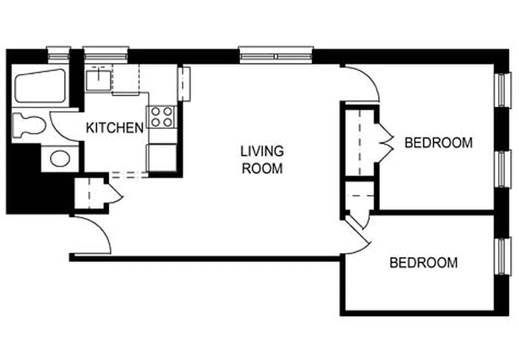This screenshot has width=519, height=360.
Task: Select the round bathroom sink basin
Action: [x=59, y=158]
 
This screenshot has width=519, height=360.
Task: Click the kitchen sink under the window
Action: [x=98, y=78]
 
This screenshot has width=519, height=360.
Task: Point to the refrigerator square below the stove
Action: [x=161, y=157]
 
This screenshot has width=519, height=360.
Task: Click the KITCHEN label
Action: [x=115, y=128]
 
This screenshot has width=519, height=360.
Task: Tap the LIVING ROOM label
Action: [x=262, y=159]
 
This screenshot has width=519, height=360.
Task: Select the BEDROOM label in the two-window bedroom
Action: [x=438, y=143]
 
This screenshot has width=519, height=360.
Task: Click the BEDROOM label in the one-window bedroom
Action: [x=423, y=262]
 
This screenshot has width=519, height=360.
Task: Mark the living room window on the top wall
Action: [x=276, y=54]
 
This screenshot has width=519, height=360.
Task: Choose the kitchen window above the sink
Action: [x=106, y=54]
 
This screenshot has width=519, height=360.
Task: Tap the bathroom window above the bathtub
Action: [x=59, y=54]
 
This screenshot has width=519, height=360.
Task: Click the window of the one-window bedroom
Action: [x=503, y=256]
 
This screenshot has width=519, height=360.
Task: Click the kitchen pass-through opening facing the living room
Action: [x=184, y=84]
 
